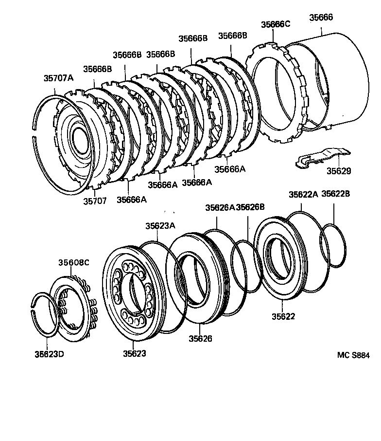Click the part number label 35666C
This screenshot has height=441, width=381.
(x=276, y=24)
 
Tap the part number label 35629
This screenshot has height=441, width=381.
(x=339, y=171)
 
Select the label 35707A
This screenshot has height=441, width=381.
(x=58, y=78)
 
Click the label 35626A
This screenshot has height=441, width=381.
(x=220, y=207)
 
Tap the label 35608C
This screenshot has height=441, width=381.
(x=74, y=262)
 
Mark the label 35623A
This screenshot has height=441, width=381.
(x=160, y=226)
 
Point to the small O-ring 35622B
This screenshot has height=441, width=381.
(x=333, y=245)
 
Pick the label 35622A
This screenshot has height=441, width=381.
(x=303, y=194)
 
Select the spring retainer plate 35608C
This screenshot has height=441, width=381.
(x=73, y=307)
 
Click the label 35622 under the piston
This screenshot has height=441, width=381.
(x=283, y=316)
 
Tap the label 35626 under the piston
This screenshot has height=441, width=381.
(x=201, y=338)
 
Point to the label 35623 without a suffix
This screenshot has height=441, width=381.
(x=134, y=353)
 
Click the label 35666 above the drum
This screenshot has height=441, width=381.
(x=321, y=18)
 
